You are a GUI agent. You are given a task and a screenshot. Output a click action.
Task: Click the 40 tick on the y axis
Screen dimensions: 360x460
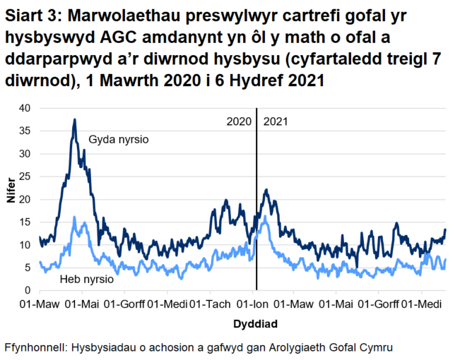click(25, 108)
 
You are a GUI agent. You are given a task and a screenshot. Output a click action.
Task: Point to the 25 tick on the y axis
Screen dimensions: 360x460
click(25, 176)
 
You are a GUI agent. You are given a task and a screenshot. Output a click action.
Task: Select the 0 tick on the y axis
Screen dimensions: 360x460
click(28, 290)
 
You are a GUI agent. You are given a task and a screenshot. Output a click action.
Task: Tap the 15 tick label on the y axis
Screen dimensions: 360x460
click(25, 222)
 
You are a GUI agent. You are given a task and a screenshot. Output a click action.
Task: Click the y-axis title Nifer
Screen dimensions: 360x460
click(10, 198)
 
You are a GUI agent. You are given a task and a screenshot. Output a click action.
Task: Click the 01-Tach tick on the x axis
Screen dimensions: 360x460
click(210, 305)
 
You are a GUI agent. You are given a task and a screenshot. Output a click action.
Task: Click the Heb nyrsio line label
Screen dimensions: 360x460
click(87, 280)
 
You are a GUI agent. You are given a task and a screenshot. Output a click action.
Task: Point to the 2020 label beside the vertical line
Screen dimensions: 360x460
click(239, 121)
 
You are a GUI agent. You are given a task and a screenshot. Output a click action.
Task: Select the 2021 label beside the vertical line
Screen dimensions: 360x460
click(276, 121)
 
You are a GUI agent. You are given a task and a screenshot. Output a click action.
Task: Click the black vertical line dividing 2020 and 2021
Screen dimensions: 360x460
click(256, 212)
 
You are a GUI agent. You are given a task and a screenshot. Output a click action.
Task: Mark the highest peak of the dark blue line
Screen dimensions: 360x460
click(74, 119)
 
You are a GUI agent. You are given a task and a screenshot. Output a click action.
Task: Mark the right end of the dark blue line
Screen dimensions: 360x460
click(445, 229)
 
